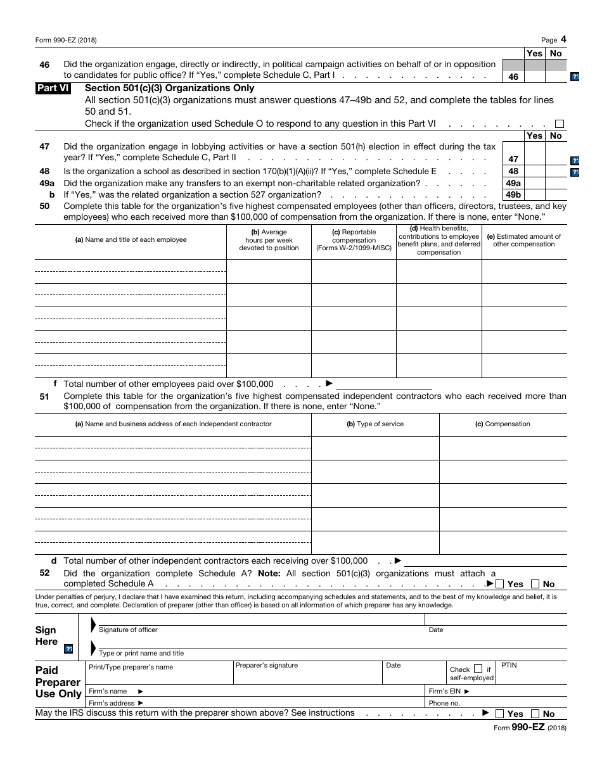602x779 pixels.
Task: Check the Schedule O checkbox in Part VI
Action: pos(559,124)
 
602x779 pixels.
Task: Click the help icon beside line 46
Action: pos(575,77)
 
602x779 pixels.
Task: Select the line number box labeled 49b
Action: pos(513,195)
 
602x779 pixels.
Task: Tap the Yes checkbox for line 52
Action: pos(500,584)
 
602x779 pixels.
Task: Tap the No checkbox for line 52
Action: pos(535,584)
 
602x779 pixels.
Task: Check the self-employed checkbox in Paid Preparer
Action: pos(478,669)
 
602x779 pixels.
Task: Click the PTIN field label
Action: pos(509,666)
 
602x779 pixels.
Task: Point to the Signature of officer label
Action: pos(128,630)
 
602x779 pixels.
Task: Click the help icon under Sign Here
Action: pos(68,649)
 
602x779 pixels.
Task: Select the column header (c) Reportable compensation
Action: pos(354,240)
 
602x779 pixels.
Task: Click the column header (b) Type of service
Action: pos(375,424)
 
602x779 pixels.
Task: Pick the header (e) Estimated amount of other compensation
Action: pos(523,240)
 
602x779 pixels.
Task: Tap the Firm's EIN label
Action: pos(449,691)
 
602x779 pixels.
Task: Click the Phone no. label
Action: pos(444,703)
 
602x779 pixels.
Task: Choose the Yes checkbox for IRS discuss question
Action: pos(500,714)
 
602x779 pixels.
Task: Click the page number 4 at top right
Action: pos(563,39)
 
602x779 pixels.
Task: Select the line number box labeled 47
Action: pos(513,160)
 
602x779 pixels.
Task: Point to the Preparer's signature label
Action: pos(266,666)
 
